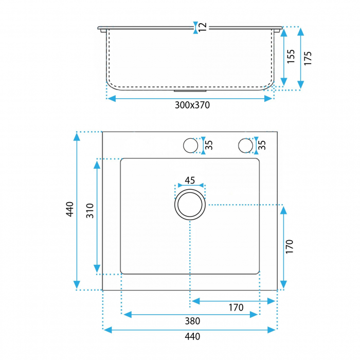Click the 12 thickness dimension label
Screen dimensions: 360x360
coord(203,28)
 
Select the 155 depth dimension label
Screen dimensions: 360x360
coord(291,57)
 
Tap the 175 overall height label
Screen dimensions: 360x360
coord(308,58)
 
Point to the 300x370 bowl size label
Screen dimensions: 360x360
coord(192,105)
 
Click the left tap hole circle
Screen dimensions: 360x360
coord(191,146)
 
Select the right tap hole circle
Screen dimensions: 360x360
coord(245,146)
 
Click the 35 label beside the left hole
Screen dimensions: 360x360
coord(209,145)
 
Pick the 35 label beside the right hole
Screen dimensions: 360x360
coord(262,145)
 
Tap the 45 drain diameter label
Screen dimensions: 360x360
coord(190,181)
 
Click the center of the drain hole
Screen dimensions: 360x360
coord(190,205)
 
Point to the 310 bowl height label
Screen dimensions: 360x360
coord(90,211)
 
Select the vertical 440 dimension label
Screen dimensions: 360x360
coord(70,209)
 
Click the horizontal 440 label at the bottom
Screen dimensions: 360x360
coord(192,336)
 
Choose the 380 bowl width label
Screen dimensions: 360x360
coord(192,321)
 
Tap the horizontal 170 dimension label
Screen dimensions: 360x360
coord(236,308)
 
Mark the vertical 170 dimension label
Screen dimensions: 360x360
coord(290,246)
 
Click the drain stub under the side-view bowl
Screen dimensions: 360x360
coord(190,91)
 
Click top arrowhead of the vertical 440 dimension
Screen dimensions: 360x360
coord(77,137)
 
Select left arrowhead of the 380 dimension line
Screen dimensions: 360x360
coord(128,315)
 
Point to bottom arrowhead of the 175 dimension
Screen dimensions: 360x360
coord(300,85)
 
